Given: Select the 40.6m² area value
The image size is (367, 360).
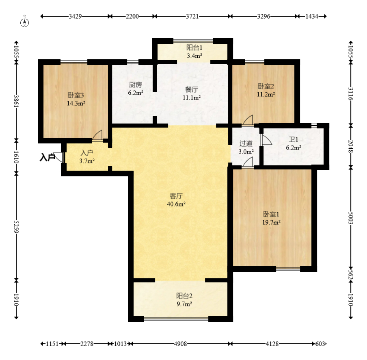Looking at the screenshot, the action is (176, 204).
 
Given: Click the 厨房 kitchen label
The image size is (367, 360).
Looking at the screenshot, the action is (135, 85).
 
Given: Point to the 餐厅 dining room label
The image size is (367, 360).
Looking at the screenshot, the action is (192, 89).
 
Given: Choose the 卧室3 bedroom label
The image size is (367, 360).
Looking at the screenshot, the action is (76, 95).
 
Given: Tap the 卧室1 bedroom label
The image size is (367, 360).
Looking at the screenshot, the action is (271, 214).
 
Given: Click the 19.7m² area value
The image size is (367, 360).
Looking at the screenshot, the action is (271, 222).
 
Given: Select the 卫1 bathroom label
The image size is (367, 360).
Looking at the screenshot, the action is (293, 140).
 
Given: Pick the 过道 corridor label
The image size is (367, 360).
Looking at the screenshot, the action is (246, 143).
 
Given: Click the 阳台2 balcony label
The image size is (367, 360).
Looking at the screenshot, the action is (184, 296).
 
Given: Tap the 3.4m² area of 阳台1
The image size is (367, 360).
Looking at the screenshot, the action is (194, 56).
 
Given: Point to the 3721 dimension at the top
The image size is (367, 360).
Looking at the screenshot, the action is (192, 16).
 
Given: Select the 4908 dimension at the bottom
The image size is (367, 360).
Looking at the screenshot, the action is (181, 344).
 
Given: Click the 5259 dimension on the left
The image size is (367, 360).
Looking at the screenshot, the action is (16, 226).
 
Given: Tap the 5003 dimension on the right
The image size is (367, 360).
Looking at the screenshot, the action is (351, 218).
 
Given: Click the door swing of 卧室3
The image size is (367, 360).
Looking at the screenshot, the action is (97, 135).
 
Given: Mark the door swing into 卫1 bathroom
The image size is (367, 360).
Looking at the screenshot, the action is (266, 140).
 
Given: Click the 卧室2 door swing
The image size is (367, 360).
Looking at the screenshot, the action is (248, 120).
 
